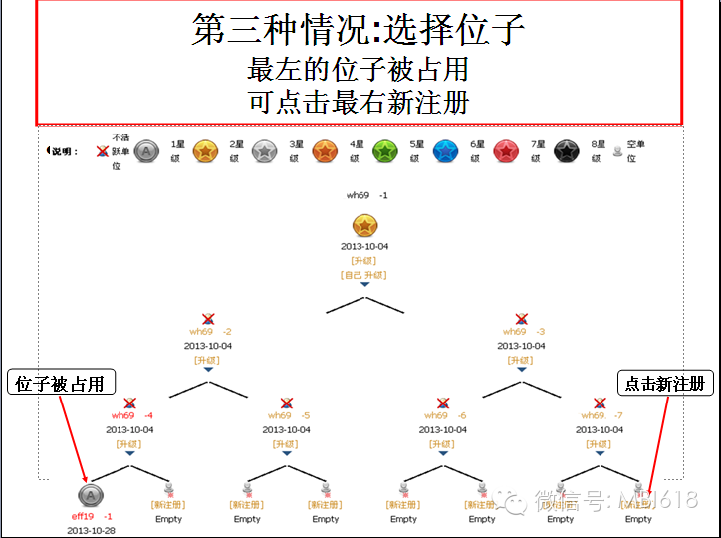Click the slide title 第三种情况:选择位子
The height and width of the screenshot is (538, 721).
click(x=359, y=30)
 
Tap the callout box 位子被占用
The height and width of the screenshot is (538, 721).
click(x=61, y=384)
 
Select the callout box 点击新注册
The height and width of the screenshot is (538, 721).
click(x=664, y=384)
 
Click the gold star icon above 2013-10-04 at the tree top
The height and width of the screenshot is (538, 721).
click(x=364, y=226)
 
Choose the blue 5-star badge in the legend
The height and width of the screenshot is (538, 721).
click(x=444, y=151)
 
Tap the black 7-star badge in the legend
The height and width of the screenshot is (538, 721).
click(x=566, y=151)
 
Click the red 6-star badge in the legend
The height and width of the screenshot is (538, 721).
click(x=505, y=151)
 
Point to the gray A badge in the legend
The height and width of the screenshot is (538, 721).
click(x=145, y=151)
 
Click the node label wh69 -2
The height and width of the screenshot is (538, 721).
click(x=209, y=332)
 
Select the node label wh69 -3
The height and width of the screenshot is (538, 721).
click(x=523, y=332)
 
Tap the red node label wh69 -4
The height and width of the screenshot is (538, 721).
click(x=131, y=415)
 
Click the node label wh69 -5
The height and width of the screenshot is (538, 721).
click(x=289, y=415)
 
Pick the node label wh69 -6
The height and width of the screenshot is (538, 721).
click(x=445, y=415)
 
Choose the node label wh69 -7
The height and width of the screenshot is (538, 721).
click(x=601, y=415)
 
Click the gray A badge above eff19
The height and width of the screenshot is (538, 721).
click(x=90, y=495)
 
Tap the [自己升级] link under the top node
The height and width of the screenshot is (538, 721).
click(x=363, y=274)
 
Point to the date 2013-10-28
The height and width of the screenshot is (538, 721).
click(x=91, y=530)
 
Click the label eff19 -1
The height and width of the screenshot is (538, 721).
click(x=91, y=517)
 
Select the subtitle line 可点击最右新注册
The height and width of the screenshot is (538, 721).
click(x=359, y=102)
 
